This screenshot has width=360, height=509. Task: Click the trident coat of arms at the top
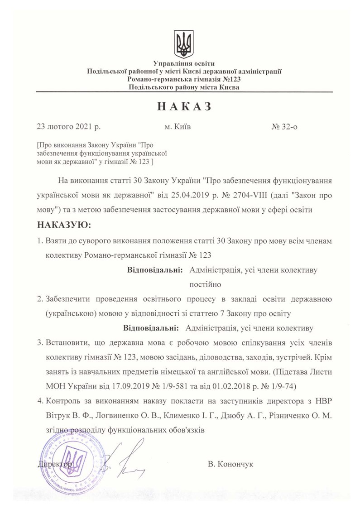coord(183,44)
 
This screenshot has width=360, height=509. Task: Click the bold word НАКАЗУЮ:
coord(64,225)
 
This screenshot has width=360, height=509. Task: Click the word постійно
coord(204,284)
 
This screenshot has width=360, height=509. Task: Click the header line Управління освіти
coord(184,63)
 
